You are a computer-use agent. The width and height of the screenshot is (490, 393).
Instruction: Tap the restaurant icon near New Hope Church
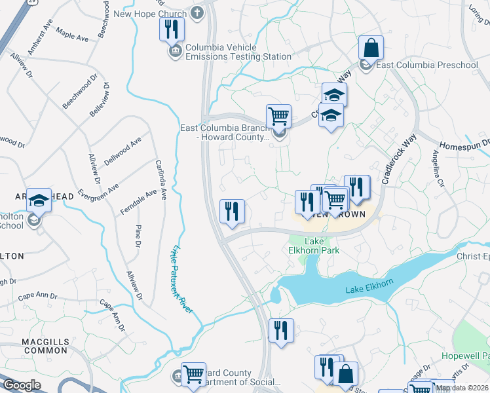(172, 29)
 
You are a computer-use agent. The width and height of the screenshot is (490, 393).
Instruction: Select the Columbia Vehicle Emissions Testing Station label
(238, 52)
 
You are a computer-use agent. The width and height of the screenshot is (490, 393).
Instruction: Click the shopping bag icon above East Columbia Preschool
(371, 48)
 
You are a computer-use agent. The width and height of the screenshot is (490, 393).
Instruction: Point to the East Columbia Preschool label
(427, 65)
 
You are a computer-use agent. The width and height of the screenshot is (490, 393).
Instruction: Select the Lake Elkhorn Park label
(311, 246)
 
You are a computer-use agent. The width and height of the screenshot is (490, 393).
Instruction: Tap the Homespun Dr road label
(464, 144)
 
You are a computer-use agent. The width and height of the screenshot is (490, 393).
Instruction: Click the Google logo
(22, 385)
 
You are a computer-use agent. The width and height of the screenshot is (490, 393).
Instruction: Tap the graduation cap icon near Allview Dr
(39, 200)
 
